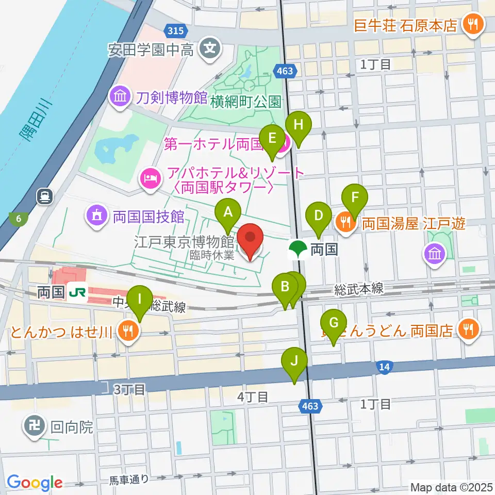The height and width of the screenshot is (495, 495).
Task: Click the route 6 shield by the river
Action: [x=19, y=219]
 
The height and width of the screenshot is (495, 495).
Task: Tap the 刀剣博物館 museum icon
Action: [x=120, y=97]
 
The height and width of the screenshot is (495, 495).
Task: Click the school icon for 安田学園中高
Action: [x=210, y=49]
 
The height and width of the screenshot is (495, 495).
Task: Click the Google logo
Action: [x=35, y=482]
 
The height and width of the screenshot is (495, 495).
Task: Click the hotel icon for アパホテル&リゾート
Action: [x=150, y=179]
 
